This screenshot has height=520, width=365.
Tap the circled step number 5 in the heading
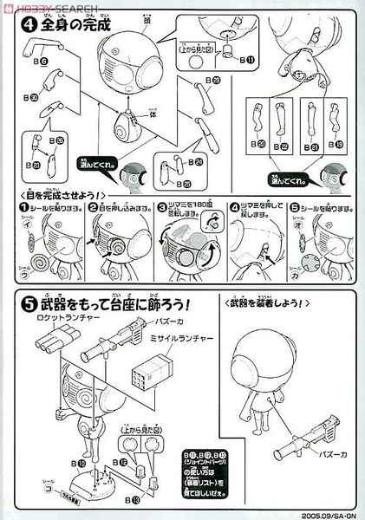tap(19, 308)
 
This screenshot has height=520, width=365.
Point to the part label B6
tap(41, 62)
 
